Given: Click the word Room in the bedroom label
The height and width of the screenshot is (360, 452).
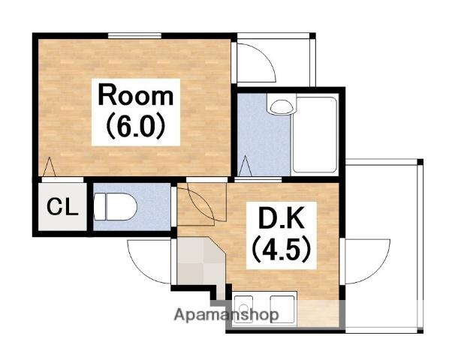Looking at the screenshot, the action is point(136,94).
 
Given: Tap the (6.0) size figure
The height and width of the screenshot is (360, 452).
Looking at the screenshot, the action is point(136,126).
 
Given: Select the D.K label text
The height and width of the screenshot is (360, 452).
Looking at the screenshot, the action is point(281,218).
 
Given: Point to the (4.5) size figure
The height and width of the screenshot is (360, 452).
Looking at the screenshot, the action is point(282,249).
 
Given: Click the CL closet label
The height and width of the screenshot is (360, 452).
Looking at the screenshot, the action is point(62,206).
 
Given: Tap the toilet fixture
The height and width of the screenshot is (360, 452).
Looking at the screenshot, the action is point(116,206).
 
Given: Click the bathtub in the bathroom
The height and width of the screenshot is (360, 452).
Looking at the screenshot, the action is point(315,134).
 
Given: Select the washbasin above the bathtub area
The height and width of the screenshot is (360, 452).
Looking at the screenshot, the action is point(282,106).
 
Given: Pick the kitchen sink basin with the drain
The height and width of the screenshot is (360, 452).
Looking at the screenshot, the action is point(243,309).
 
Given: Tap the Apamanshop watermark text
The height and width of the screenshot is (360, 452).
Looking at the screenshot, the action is point(226,314).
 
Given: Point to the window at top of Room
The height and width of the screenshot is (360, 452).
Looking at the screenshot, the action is point(134,35).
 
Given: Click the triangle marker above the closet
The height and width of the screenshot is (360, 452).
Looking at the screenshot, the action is point(49,166).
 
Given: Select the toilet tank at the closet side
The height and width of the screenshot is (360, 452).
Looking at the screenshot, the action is point(100,207).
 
